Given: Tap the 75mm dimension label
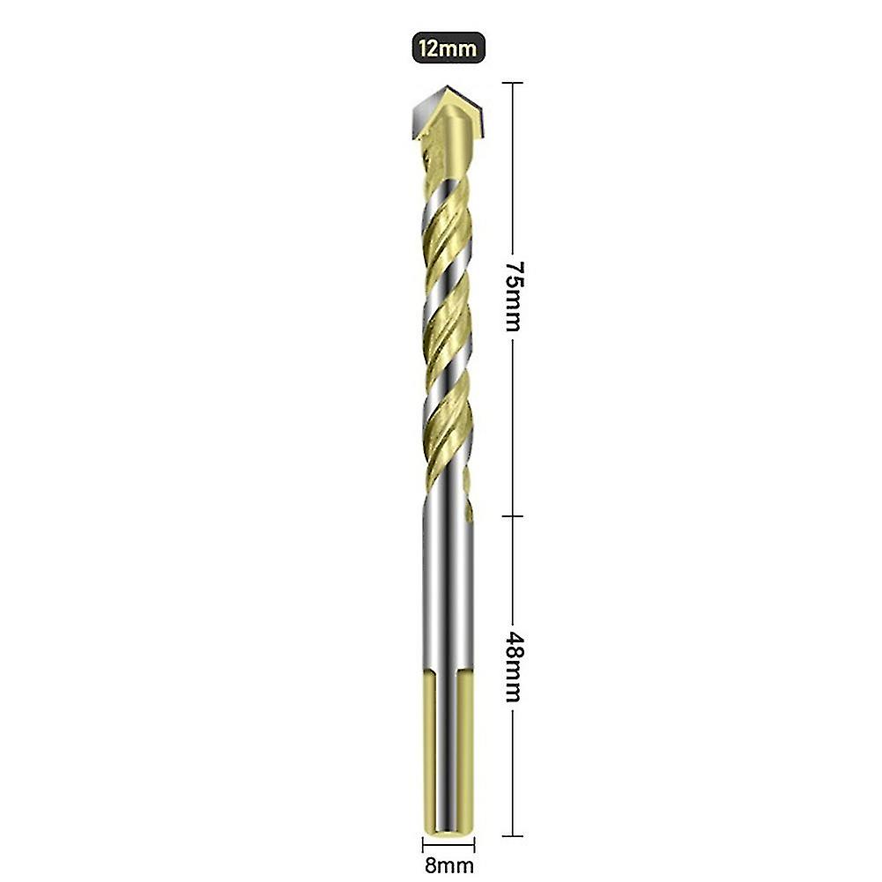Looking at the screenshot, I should (513, 295).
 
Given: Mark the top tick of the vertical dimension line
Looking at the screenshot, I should (513, 83).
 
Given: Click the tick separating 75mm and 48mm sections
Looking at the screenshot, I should (513, 516).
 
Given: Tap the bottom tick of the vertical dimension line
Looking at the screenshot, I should (513, 835).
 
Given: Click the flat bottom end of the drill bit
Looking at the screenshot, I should (447, 832).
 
